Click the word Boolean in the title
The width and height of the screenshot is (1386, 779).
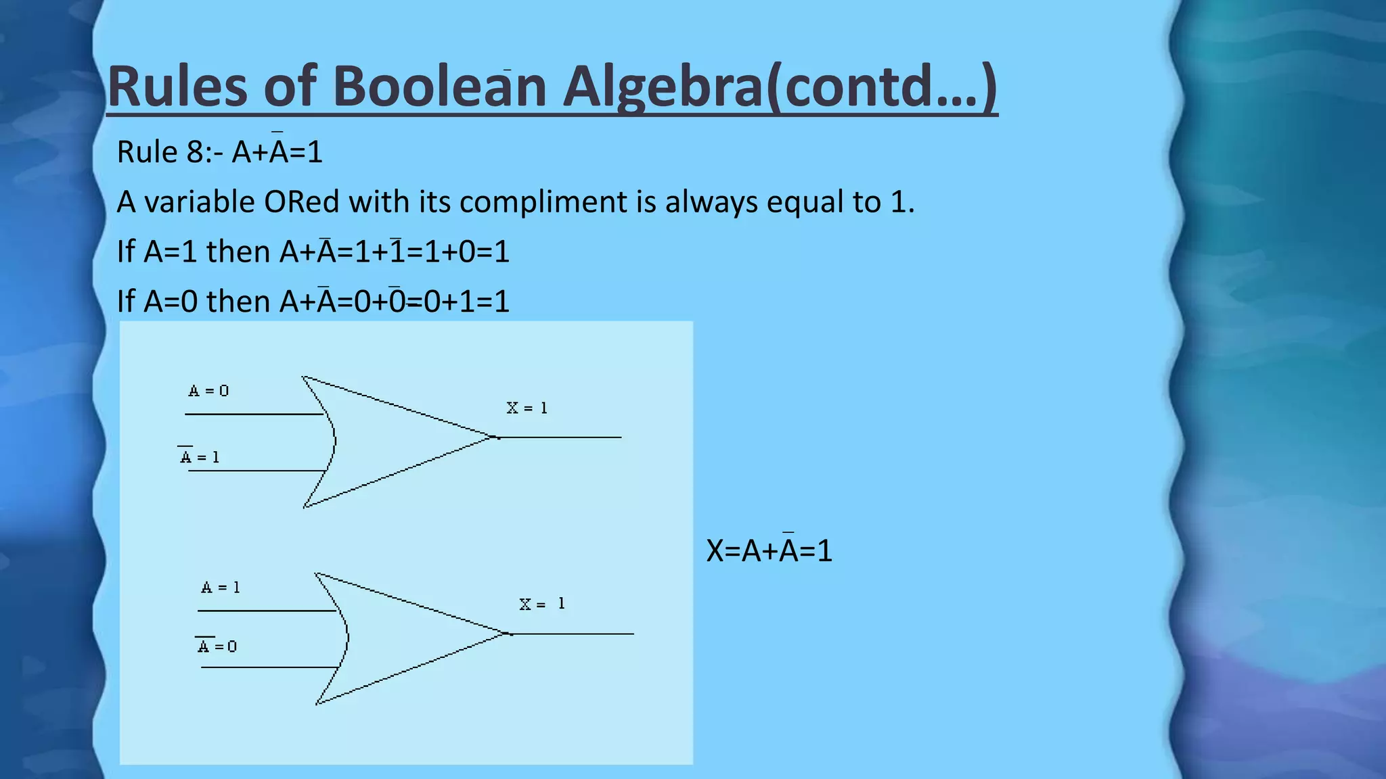point(439,87)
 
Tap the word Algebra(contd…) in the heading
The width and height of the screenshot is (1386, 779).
point(780,87)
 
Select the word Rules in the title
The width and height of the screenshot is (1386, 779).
point(178,87)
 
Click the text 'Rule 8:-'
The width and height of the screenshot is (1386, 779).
point(170,151)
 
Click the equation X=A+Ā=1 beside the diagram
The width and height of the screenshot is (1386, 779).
point(769,550)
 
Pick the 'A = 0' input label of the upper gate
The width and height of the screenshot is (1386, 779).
point(208,391)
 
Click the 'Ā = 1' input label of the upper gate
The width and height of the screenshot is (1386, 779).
point(200,457)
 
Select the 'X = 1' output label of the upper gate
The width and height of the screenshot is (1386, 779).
point(527,408)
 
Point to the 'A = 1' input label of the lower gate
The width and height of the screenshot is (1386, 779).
point(221,587)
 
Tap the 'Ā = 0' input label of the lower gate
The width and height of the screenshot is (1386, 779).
point(217,646)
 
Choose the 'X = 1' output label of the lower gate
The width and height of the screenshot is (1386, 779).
point(542,604)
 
